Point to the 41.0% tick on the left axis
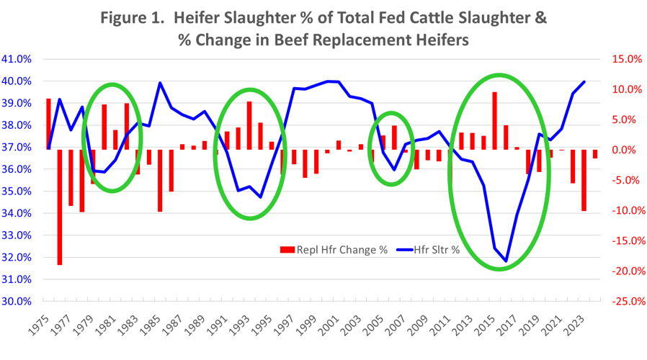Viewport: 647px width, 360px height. [x=17, y=59]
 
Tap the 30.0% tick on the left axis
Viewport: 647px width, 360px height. [x=17, y=301]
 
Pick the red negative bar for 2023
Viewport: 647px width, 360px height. [x=584, y=180]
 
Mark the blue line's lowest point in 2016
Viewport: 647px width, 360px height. [x=507, y=261]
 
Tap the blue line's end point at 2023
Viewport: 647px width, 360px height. [x=584, y=81]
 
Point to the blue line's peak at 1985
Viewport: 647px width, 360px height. [x=160, y=83]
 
